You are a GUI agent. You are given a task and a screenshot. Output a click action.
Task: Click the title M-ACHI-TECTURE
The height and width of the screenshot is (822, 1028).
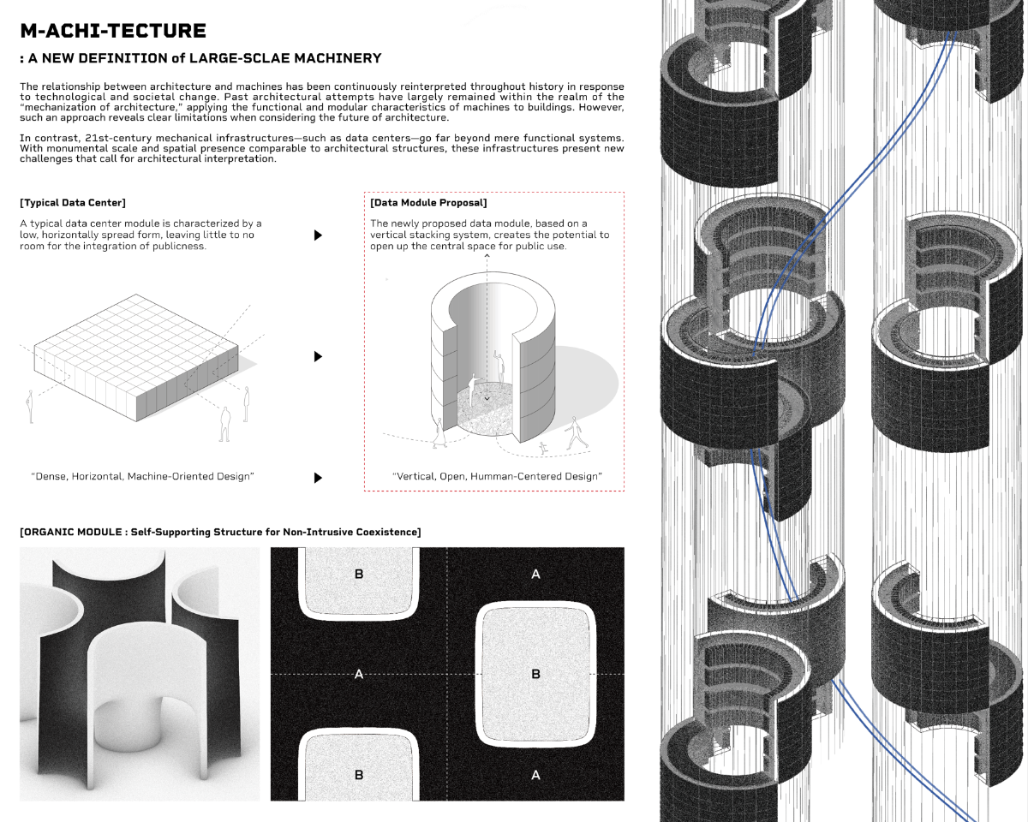(x=113, y=32)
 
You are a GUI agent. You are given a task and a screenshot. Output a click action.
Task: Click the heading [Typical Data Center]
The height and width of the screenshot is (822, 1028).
(x=73, y=203)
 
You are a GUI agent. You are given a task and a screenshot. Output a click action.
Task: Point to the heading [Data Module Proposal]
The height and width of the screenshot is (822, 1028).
(x=428, y=203)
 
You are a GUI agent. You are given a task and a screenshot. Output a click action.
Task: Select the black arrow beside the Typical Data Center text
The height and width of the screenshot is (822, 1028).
(x=319, y=235)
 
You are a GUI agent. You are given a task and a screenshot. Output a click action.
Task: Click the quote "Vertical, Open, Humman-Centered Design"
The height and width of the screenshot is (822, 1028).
(x=497, y=476)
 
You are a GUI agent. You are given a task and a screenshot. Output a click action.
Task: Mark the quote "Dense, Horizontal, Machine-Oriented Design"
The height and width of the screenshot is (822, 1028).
(x=142, y=476)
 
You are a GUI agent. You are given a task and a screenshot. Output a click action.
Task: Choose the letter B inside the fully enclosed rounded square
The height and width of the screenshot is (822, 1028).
(x=536, y=675)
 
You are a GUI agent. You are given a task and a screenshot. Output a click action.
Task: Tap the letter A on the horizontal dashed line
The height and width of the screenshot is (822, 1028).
(x=359, y=675)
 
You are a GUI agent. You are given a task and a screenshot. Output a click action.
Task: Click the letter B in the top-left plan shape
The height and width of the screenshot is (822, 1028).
(x=359, y=574)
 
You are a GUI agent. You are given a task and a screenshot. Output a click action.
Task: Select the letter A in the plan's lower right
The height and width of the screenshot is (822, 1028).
(x=536, y=775)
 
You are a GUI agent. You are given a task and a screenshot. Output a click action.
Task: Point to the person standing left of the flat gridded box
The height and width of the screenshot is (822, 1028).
(x=31, y=407)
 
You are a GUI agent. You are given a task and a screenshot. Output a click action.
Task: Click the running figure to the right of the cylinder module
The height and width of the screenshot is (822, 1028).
(x=576, y=433)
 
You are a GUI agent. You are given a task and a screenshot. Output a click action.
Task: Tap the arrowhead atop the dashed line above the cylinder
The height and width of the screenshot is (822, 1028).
(x=487, y=255)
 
